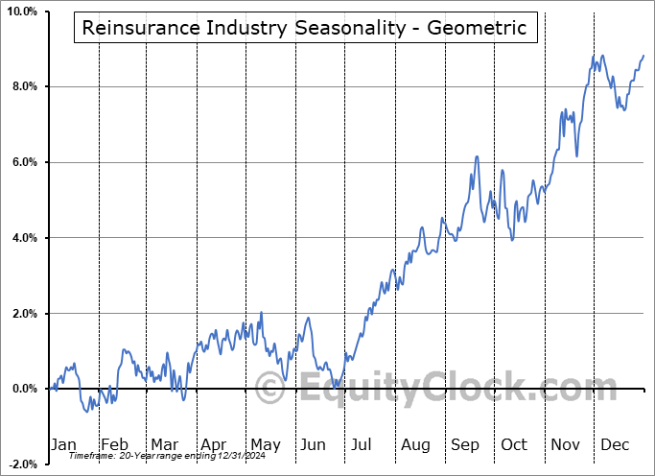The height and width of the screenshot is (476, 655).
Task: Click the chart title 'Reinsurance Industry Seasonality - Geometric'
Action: (304, 28)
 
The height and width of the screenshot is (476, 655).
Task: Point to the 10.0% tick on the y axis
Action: (21, 12)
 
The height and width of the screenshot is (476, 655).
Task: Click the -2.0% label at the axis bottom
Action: (22, 464)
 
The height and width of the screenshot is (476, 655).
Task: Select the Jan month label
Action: (62, 444)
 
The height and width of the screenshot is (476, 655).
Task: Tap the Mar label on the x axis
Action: (164, 444)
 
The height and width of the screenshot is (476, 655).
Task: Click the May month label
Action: (265, 444)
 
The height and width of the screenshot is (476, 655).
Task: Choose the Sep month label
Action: (465, 444)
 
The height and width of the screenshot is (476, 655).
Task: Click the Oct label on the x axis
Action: (514, 444)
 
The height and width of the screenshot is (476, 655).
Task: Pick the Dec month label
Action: (616, 444)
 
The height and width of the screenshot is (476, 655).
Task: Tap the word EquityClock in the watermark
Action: (445, 390)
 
